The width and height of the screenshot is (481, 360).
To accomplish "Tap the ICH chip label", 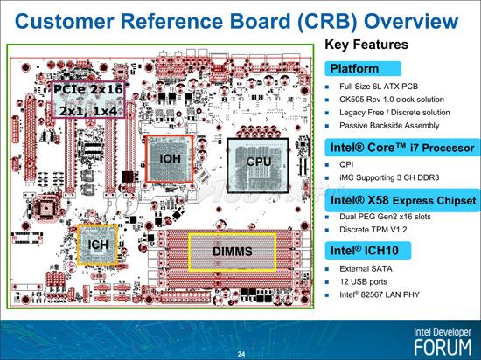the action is (x=98, y=245).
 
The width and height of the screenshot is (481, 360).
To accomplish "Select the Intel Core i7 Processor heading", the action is (x=402, y=148).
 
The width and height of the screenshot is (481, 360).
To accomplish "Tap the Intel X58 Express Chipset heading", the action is (x=402, y=201).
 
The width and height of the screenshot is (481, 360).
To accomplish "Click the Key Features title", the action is (x=366, y=45).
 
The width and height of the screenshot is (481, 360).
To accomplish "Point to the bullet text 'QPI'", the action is (x=346, y=164).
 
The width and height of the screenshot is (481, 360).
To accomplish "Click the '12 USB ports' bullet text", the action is (x=363, y=281).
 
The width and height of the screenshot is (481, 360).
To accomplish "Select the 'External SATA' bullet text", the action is (x=366, y=269).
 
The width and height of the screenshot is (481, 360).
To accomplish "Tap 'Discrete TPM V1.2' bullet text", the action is (x=373, y=230).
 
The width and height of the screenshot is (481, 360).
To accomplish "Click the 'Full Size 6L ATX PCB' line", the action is (x=379, y=87).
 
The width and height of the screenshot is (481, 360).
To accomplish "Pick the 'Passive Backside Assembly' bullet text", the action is (x=389, y=126).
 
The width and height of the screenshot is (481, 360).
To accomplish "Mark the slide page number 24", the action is (x=241, y=354).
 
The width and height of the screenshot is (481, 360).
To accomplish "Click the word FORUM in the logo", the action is (x=443, y=347).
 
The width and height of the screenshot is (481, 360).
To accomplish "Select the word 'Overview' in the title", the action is (x=411, y=22).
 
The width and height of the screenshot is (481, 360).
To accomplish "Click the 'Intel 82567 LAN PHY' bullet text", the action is (x=380, y=294).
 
